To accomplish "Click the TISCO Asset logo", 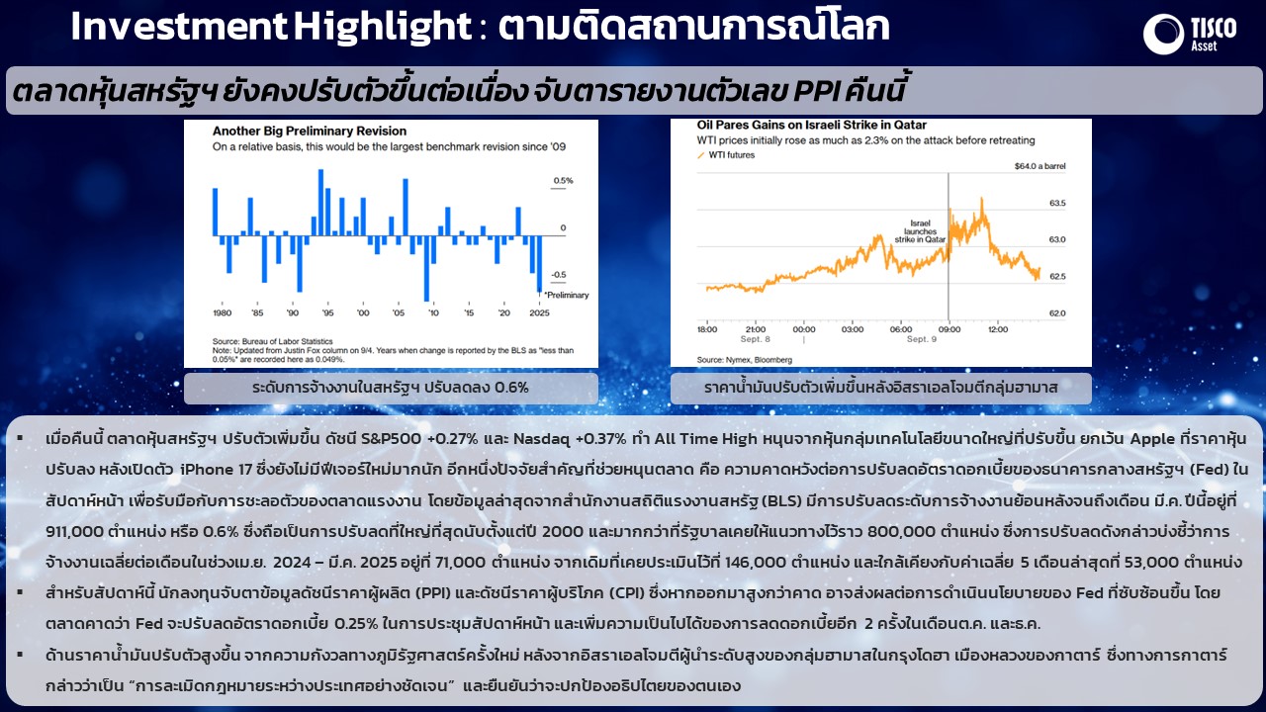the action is pyautogui.click(x=1189, y=34).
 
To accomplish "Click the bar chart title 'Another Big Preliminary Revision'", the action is pyautogui.click(x=310, y=132).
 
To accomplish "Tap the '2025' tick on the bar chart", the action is pyautogui.click(x=539, y=312).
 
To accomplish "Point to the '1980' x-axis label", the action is pyautogui.click(x=223, y=312).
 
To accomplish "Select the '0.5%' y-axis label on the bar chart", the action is pyautogui.click(x=563, y=181).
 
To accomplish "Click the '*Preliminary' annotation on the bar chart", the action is pyautogui.click(x=567, y=295).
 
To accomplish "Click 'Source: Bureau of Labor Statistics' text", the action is pyautogui.click(x=272, y=341).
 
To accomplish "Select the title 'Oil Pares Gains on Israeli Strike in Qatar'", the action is pyautogui.click(x=812, y=125).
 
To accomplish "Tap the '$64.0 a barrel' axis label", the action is pyautogui.click(x=1040, y=166).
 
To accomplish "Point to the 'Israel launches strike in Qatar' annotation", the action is pyautogui.click(x=920, y=231).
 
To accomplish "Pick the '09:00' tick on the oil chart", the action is pyautogui.click(x=949, y=329).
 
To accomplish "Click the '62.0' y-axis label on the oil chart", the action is pyautogui.click(x=1057, y=313).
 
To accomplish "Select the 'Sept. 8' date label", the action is pyautogui.click(x=755, y=339).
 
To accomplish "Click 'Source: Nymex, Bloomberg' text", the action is pyautogui.click(x=745, y=359).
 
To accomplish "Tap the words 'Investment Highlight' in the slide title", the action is pyautogui.click(x=271, y=26).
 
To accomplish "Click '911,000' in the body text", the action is pyautogui.click(x=74, y=531).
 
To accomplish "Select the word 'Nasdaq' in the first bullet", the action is pyautogui.click(x=541, y=439).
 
